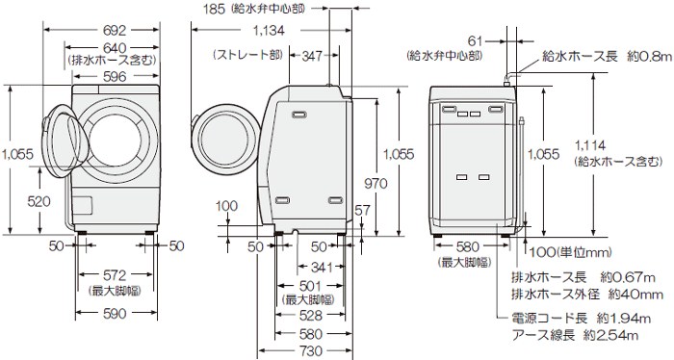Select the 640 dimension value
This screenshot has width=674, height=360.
click(114, 47)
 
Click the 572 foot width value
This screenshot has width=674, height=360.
click(114, 277)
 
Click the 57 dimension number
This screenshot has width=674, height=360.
click(363, 210)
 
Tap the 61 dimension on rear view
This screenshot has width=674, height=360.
click(475, 39)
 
